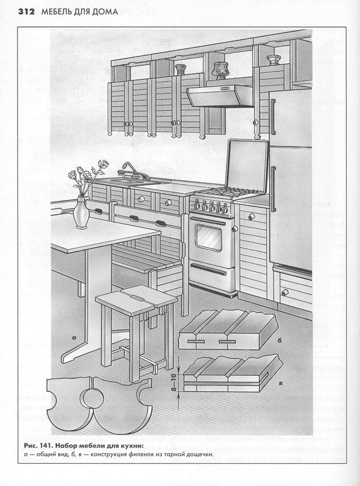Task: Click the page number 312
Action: (27, 12)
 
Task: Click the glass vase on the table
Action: (81, 213)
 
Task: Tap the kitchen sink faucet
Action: (134, 171)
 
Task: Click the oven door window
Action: (209, 238)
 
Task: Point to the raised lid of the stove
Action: (247, 164)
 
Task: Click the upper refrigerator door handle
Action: (273, 117)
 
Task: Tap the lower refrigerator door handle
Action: (273, 189)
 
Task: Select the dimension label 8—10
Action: (174, 382)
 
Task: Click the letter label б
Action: (279, 340)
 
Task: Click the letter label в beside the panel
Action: (281, 384)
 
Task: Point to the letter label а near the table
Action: (74, 337)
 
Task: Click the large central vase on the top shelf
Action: (220, 70)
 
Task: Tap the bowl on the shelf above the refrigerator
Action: (273, 60)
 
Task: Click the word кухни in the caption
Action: (133, 446)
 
